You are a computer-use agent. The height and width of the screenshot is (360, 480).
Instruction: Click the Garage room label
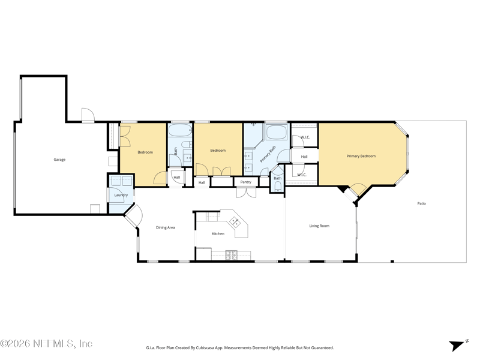59,160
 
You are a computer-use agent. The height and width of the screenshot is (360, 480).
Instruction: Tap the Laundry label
121,195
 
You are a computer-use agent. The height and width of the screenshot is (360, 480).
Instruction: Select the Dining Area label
166,227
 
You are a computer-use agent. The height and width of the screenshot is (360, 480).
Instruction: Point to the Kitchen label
218,233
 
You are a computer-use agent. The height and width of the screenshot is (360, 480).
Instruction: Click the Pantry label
245,182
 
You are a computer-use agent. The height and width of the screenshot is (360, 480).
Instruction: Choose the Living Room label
319,226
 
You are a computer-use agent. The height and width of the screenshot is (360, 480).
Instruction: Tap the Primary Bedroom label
361,156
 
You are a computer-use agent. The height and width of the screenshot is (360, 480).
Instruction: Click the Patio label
422,203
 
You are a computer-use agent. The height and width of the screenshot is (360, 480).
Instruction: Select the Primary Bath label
268,154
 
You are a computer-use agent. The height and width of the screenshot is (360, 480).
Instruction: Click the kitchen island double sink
235,221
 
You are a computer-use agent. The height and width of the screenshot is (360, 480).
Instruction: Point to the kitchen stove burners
232,256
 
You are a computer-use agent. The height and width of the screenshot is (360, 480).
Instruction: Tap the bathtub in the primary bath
277,132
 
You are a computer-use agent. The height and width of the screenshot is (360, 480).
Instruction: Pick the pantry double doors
246,192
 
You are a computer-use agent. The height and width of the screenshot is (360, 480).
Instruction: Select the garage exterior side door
88,115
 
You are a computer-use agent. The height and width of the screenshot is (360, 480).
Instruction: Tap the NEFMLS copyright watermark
46,343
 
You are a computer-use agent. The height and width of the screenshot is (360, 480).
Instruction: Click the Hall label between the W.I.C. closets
304,157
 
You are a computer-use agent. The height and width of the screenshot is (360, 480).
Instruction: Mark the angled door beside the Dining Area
134,216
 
